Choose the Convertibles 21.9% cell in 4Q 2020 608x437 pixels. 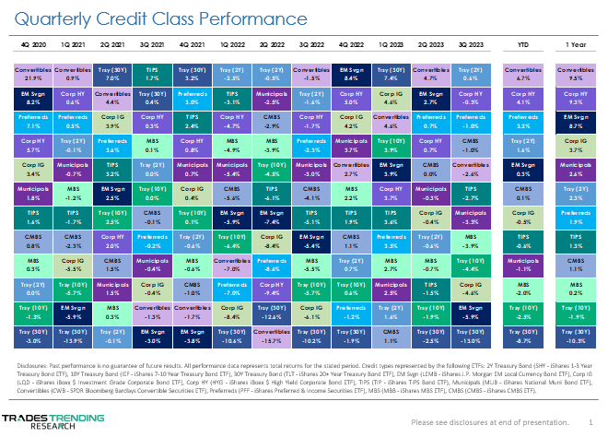tap(33, 73)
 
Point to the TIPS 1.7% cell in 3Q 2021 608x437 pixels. tap(151, 73)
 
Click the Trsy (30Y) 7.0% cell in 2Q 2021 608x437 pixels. tap(111, 73)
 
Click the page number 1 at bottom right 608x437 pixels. tap(590, 421)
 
